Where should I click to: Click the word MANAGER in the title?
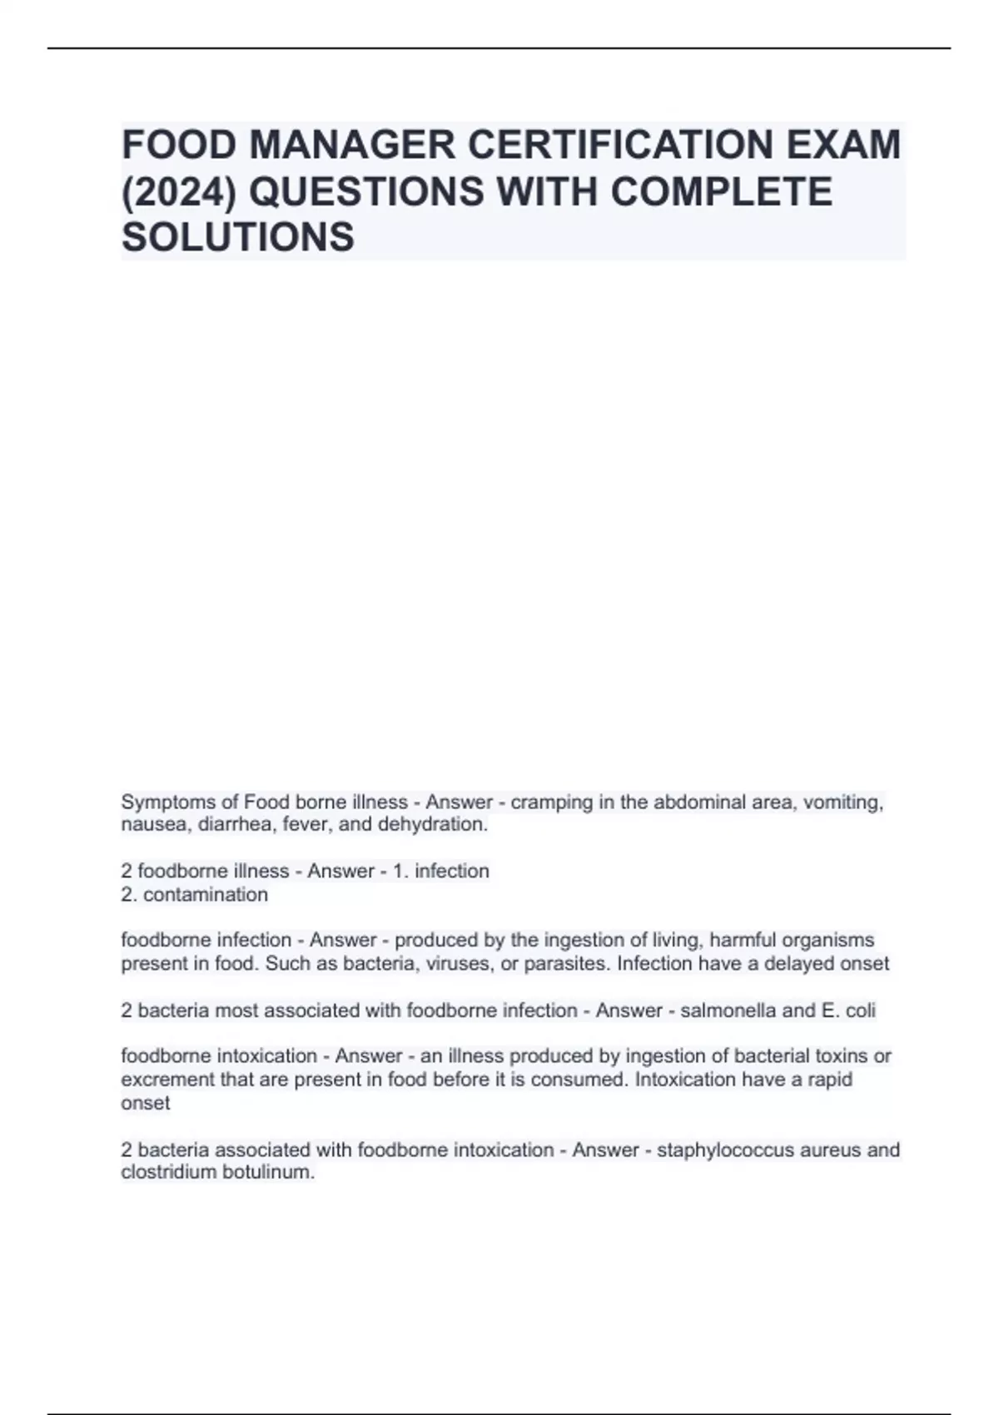tap(352, 145)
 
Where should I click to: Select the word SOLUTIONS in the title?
tap(238, 237)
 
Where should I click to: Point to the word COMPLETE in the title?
tap(722, 191)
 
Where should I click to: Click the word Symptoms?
tap(168, 802)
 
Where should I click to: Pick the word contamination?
tap(206, 895)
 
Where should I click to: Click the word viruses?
tap(460, 964)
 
